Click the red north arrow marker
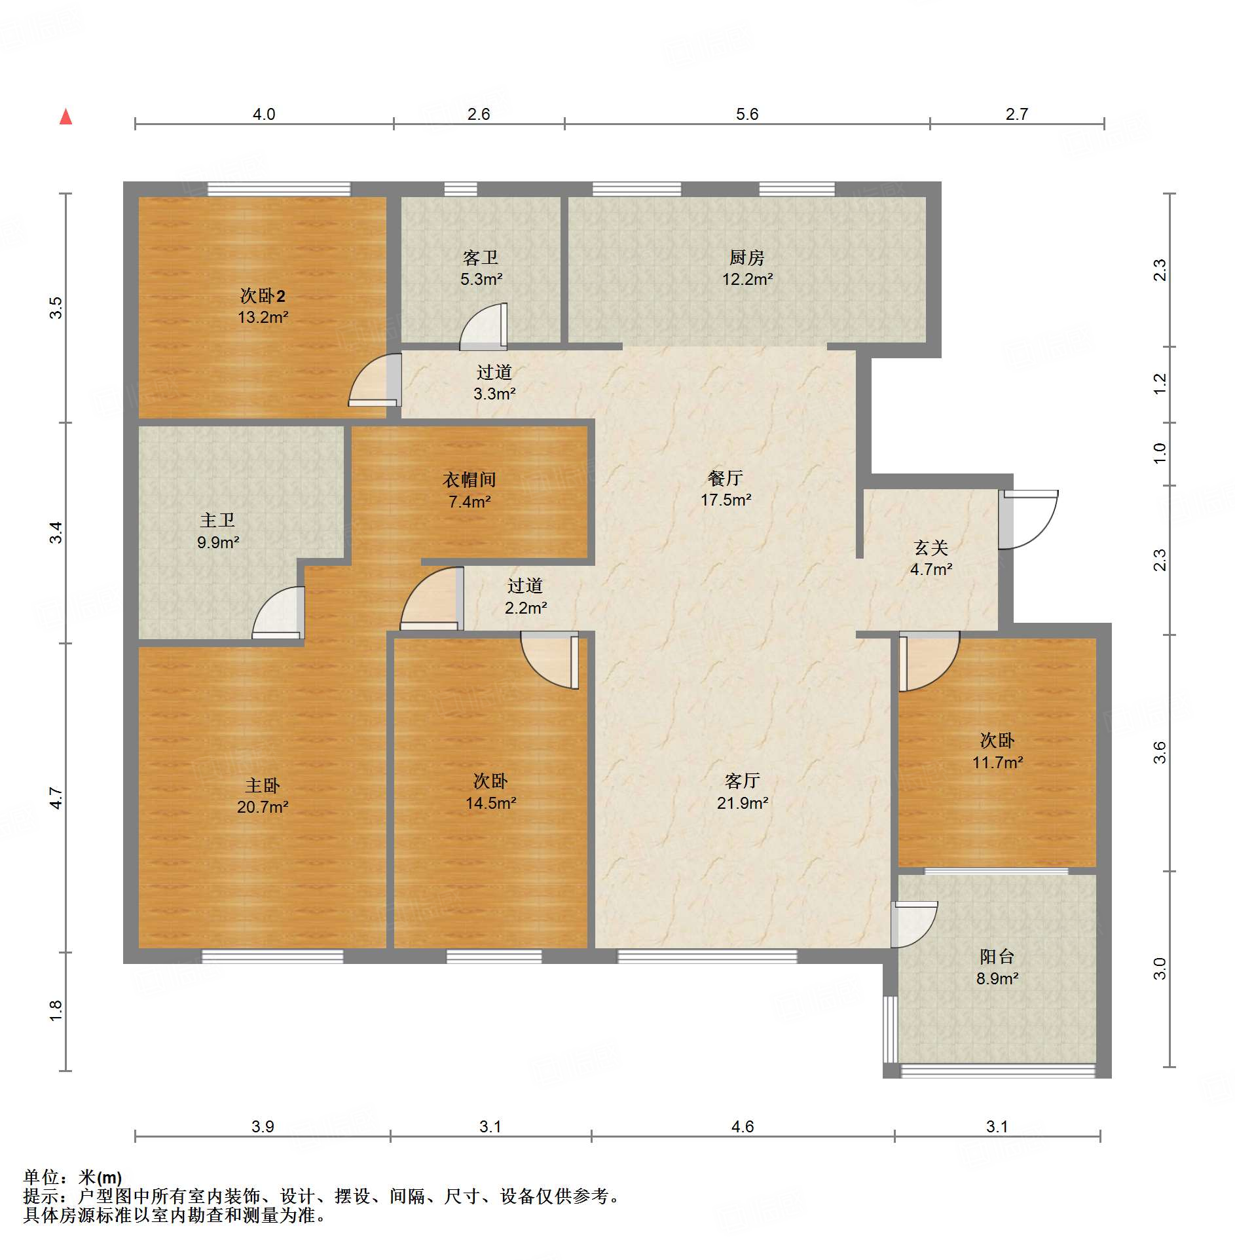(65, 117)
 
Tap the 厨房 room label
(747, 257)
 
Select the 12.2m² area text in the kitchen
(747, 280)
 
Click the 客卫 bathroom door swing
(483, 325)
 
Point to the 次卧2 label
(262, 296)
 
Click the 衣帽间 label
(470, 480)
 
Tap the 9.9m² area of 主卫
(218, 543)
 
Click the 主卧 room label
(263, 785)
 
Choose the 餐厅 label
(726, 478)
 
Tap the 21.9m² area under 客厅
(743, 803)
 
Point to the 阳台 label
(997, 957)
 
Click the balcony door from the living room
(914, 925)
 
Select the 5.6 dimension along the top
(747, 114)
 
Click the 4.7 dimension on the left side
(56, 798)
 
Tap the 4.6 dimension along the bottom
(743, 1126)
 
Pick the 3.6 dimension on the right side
(1160, 752)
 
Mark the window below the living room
(708, 956)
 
